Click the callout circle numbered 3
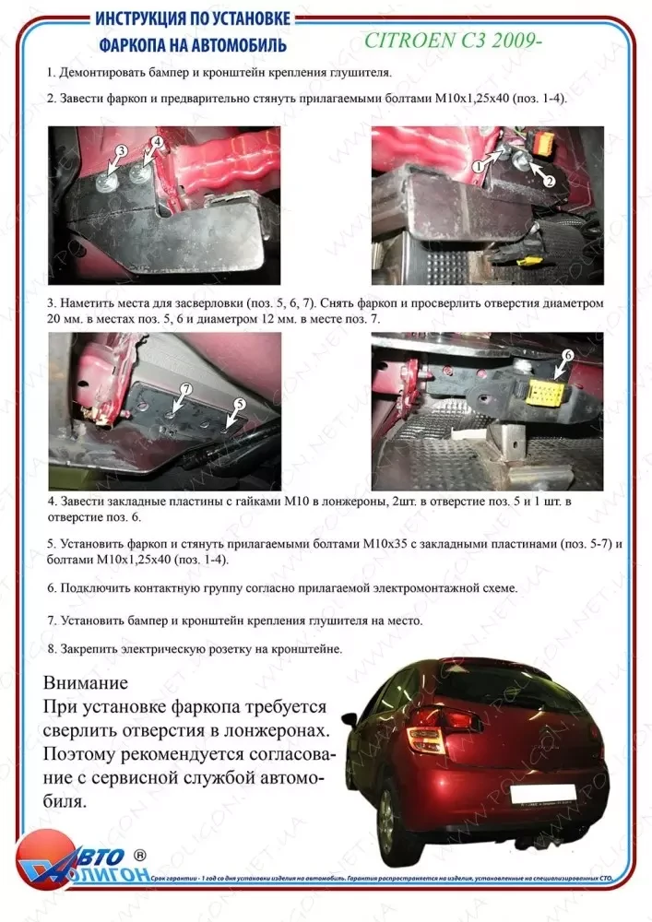tap(121, 150)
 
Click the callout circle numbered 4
tap(157, 142)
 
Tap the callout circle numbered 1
tap(479, 167)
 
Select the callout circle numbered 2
tap(549, 181)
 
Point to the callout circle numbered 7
tap(184, 390)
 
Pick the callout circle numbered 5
tap(240, 404)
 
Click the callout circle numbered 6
tap(568, 354)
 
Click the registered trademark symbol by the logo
tap(140, 856)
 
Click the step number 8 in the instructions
tap(51, 649)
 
